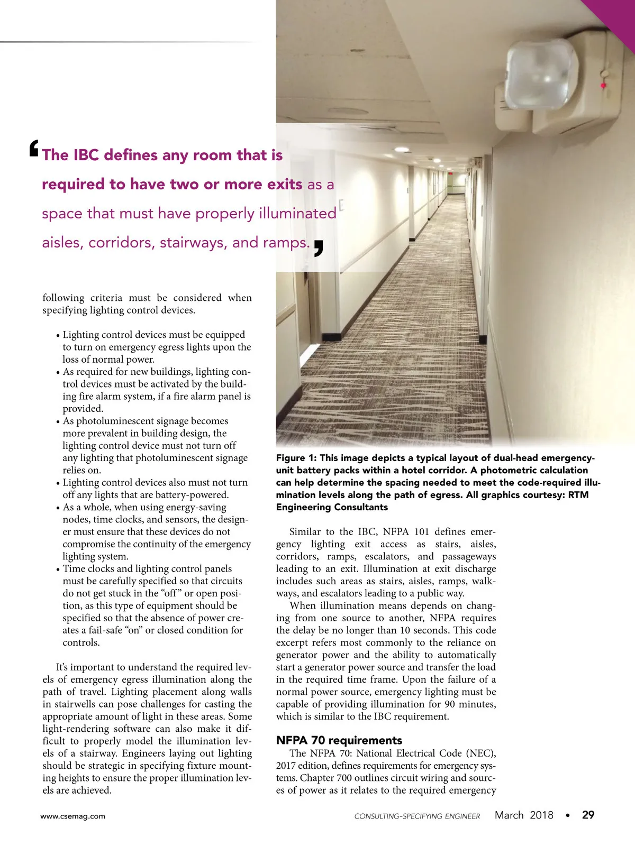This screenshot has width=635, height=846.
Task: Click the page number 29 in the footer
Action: [588, 815]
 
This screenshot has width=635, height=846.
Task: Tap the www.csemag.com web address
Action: [73, 816]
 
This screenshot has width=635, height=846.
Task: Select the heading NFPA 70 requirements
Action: [339, 740]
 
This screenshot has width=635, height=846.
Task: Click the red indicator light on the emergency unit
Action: [603, 85]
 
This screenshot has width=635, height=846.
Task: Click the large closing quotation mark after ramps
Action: [318, 247]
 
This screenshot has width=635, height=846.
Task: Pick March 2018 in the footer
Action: [523, 815]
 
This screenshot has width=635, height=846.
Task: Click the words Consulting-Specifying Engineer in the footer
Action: [417, 816]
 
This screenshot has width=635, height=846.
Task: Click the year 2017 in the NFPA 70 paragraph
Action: [286, 766]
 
